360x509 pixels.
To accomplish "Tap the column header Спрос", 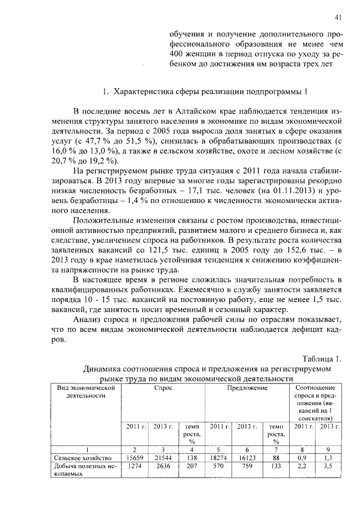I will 163,388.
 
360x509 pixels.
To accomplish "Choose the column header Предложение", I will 247,388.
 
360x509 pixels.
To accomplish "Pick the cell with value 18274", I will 218,458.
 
